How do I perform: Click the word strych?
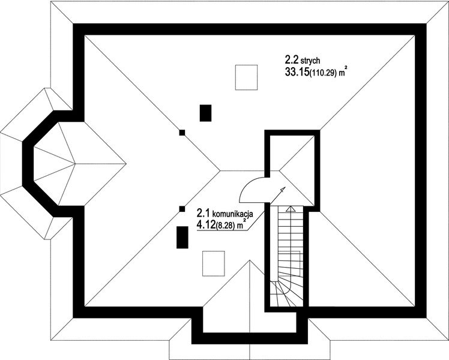310,61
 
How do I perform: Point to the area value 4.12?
206,225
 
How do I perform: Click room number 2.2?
292,60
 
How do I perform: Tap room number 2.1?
203,213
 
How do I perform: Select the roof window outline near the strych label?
246,77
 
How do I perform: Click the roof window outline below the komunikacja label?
214,263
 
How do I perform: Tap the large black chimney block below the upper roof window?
205,113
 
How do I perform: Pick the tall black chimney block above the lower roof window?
182,237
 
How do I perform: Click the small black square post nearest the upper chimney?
182,133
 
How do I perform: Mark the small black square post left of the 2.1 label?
182,209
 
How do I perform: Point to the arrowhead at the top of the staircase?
291,209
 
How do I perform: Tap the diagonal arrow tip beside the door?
283,189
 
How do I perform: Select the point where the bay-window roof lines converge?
75,164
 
